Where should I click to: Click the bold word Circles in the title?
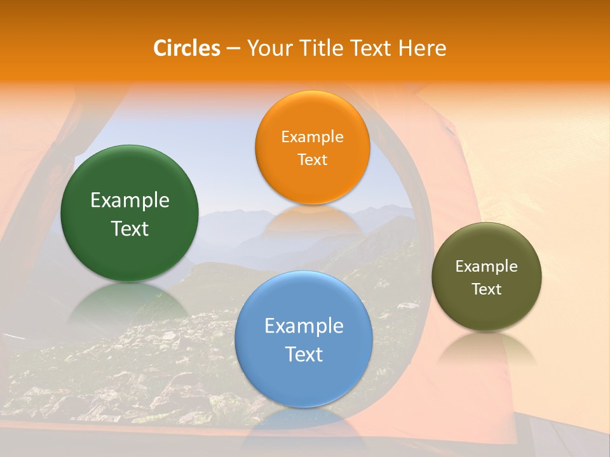coord(186,48)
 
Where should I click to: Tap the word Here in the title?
coord(423,48)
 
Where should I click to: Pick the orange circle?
coord(312,184)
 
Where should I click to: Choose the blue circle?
coord(304,381)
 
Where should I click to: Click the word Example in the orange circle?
coord(312,137)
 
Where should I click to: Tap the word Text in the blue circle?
coord(304,354)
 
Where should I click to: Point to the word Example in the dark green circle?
coord(130,201)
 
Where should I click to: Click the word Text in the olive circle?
coord(487,289)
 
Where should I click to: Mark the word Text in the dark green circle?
coord(130,228)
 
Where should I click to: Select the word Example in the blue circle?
coord(304,326)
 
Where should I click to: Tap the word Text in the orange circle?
coord(312,160)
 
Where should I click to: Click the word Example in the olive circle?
coord(487,267)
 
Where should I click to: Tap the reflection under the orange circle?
coord(312,220)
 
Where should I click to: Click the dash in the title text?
coord(233,49)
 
